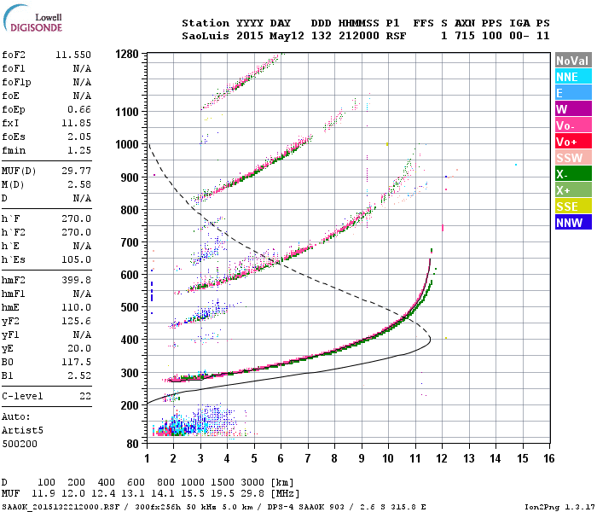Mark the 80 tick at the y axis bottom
132,444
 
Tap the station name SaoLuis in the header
205,37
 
